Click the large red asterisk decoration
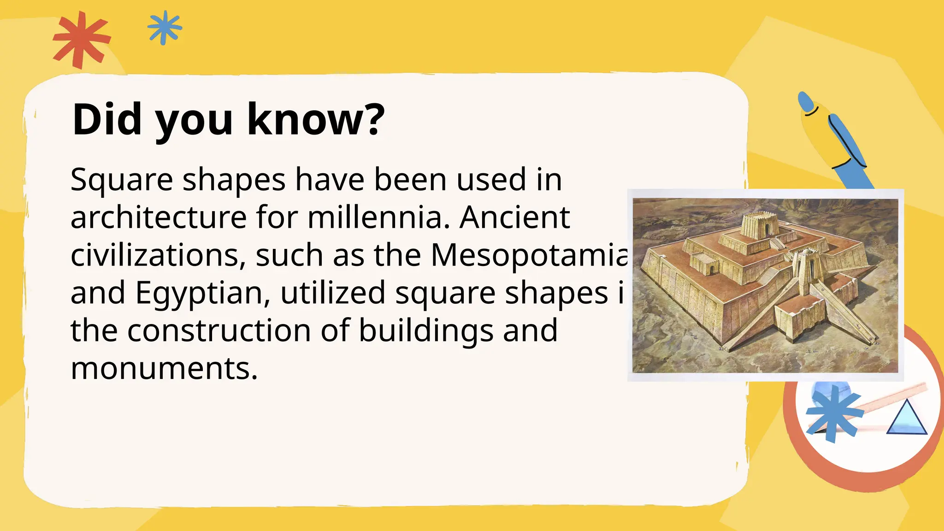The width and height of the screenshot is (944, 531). pyautogui.click(x=82, y=40)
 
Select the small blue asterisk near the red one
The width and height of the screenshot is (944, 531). pyautogui.click(x=165, y=28)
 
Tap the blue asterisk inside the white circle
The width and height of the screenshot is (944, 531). pyautogui.click(x=833, y=413)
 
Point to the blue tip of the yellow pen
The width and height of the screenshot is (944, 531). pyautogui.click(x=806, y=102)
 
